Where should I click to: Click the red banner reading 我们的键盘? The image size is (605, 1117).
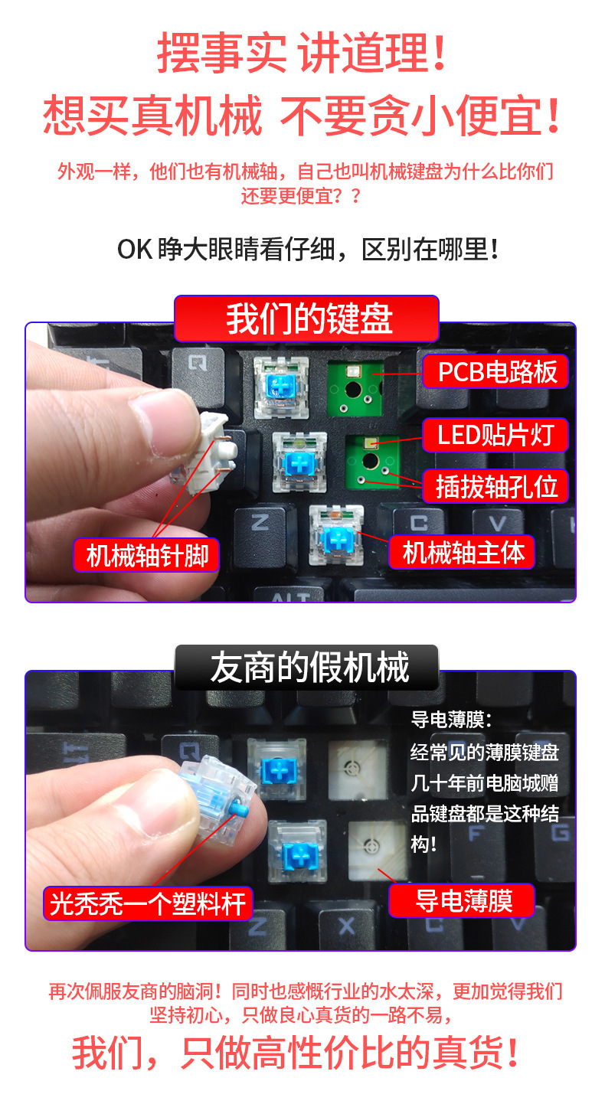point(306,318)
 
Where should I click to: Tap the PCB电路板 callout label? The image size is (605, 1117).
point(495,371)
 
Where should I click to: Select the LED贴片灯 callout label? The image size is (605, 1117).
point(495,435)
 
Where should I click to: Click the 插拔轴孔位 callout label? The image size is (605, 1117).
point(495,486)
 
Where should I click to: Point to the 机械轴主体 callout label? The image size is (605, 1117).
point(462,553)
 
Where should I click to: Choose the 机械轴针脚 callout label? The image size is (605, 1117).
point(146,555)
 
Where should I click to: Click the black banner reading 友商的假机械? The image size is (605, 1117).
point(307,668)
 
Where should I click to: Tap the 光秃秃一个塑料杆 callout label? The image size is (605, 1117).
point(148,903)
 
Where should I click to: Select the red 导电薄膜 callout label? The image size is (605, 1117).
point(462,900)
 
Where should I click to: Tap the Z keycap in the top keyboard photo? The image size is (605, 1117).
point(260,531)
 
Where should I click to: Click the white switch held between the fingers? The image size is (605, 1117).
point(204,452)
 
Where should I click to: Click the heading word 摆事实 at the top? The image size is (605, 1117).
point(221,52)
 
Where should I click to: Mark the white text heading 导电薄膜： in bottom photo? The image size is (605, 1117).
point(451,720)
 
